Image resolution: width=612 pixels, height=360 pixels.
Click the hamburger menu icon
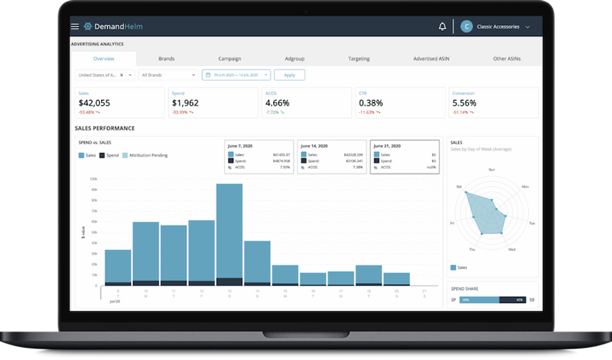75,27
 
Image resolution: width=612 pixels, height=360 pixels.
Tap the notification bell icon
442,27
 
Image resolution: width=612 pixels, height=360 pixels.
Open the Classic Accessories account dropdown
497,27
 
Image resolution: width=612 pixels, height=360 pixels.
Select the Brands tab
166,59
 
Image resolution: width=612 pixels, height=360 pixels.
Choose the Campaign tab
230,59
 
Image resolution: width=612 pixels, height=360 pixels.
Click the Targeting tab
359,59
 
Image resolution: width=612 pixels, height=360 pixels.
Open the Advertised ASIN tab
431,59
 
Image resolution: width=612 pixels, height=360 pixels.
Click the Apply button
289,75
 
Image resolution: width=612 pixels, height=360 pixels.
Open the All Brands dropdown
168,75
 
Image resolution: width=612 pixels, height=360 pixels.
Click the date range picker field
236,75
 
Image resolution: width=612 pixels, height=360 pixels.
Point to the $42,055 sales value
94,102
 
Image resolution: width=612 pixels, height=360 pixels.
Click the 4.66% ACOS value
277,102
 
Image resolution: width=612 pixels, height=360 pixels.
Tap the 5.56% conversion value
464,102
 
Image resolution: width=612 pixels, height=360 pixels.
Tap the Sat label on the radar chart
459,187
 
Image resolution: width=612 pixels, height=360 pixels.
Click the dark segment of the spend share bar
513,299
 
